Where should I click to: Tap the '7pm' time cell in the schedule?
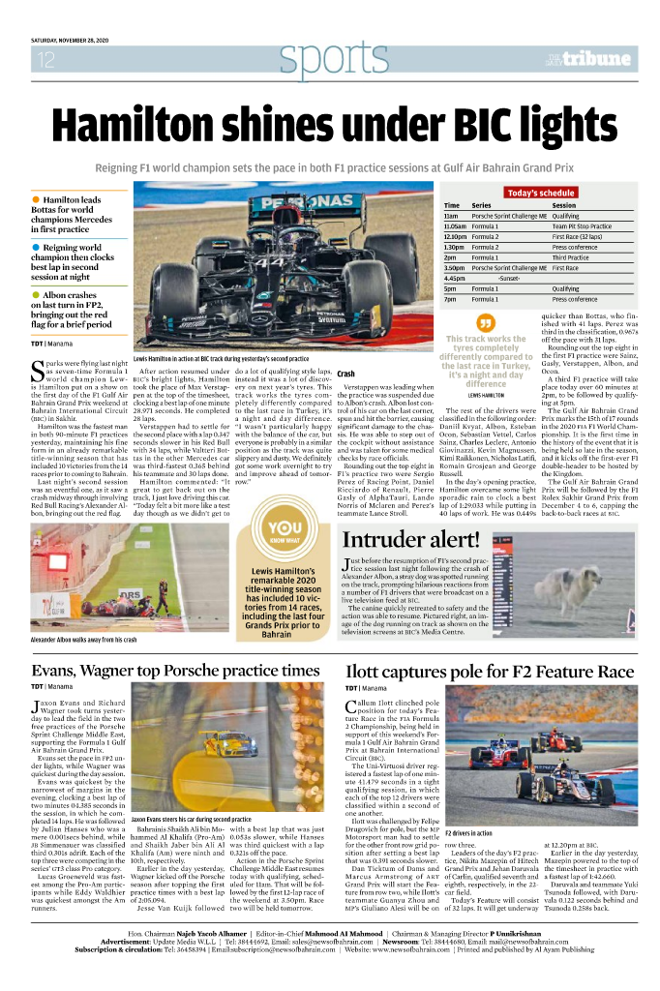click(450, 300)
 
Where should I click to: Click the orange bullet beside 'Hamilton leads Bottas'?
click(37, 200)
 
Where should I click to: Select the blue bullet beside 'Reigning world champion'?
click(37, 248)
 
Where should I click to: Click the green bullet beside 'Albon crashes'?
click(37, 294)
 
